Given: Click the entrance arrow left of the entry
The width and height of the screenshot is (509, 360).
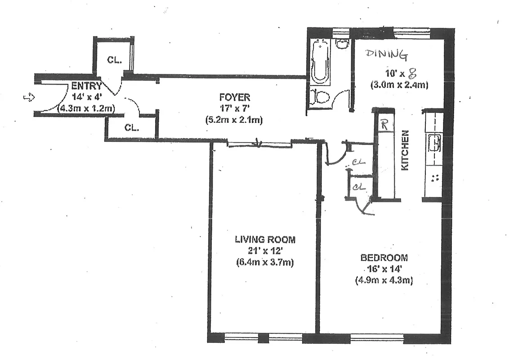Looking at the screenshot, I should click(28, 96).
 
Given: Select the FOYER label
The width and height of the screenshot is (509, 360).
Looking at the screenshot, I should click(234, 97).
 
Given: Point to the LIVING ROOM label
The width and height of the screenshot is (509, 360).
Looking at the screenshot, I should click(265, 239).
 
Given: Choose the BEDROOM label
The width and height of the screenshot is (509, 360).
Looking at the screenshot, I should click(384, 258).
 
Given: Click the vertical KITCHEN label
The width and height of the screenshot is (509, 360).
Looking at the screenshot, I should click(405, 150).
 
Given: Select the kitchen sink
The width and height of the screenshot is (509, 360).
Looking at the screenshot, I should click(435, 143).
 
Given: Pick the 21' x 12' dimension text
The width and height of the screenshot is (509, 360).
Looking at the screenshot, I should click(264, 251).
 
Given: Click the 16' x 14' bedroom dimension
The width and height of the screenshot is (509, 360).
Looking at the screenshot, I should click(384, 269).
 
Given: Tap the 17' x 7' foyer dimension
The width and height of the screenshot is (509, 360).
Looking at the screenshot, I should click(234, 108).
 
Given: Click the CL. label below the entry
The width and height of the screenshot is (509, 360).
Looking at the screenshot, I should click(131, 127).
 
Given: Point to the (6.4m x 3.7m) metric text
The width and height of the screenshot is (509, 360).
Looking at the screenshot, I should click(264, 262).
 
